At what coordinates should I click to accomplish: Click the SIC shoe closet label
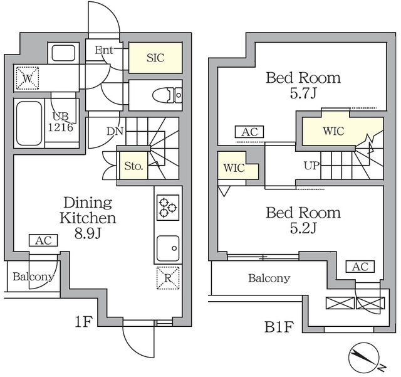tap(155, 58)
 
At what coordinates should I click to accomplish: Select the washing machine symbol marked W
tap(26, 78)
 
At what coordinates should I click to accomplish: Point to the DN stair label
tap(114, 132)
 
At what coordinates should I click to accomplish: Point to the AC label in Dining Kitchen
tap(43, 240)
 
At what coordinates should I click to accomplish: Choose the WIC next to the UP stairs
tap(333, 132)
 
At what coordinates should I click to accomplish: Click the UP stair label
tap(312, 166)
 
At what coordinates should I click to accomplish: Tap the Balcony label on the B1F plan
tap(268, 278)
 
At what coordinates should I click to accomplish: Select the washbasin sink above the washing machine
tap(62, 53)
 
